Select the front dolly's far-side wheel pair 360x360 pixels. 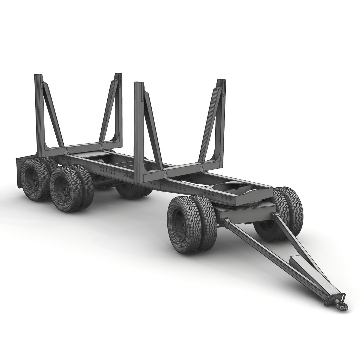pyautogui.click(x=283, y=213)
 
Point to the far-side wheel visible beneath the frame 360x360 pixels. pyautogui.click(x=132, y=192)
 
